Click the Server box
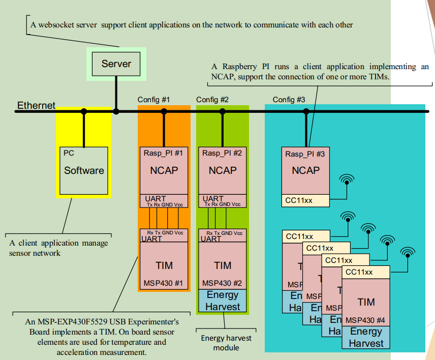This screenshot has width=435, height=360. (x=116, y=64)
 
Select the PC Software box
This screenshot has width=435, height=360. (x=84, y=170)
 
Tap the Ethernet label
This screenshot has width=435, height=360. (x=36, y=105)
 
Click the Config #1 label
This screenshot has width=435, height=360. (x=153, y=99)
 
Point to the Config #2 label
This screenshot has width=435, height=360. (x=212, y=99)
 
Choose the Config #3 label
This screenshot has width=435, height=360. (x=289, y=99)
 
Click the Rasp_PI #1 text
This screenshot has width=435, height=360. (x=164, y=153)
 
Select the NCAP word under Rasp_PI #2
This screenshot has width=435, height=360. (x=223, y=170)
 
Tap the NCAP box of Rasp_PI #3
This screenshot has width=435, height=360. (x=305, y=170)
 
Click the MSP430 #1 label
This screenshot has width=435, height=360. (x=164, y=283)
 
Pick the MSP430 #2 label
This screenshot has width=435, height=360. (x=223, y=283)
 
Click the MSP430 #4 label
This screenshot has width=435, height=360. (x=365, y=321)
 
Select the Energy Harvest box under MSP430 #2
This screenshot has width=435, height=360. (x=223, y=301)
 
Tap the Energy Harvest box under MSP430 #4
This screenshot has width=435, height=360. (x=365, y=337)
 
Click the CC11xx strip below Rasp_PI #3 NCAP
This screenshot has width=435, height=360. (x=305, y=201)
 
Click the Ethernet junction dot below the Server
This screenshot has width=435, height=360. (x=116, y=111)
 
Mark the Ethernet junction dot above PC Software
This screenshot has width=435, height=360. (x=84, y=111)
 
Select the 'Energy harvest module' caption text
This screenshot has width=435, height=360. (x=226, y=343)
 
